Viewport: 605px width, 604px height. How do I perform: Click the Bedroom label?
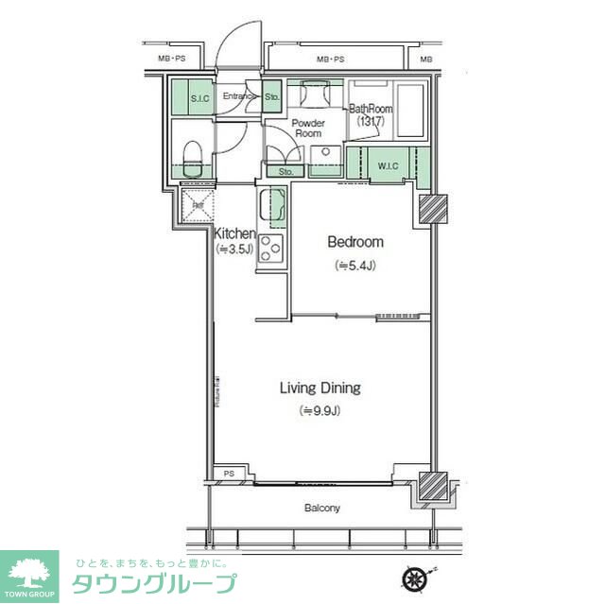[x=354, y=242]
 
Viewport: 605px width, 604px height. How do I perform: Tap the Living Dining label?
[x=320, y=388]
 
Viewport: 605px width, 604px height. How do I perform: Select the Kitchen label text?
[x=234, y=233]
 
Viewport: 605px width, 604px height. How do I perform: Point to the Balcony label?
[x=321, y=509]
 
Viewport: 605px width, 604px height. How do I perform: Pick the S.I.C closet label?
[x=199, y=98]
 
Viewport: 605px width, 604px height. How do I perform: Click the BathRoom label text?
[x=371, y=109]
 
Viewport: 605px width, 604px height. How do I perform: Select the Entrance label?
[x=239, y=96]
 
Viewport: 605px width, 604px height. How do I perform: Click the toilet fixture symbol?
[x=192, y=153]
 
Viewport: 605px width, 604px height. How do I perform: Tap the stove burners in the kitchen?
[x=270, y=249]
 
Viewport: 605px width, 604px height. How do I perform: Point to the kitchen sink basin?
[x=272, y=206]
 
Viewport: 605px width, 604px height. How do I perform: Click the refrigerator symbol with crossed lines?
[x=198, y=205]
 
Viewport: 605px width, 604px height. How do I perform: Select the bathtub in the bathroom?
[x=413, y=112]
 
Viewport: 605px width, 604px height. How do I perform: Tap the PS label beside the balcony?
[x=229, y=474]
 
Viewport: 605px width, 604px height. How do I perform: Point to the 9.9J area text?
[x=320, y=410]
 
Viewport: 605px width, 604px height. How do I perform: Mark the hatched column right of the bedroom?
[x=434, y=209]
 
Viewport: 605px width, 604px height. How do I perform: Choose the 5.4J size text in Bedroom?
[x=355, y=266]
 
